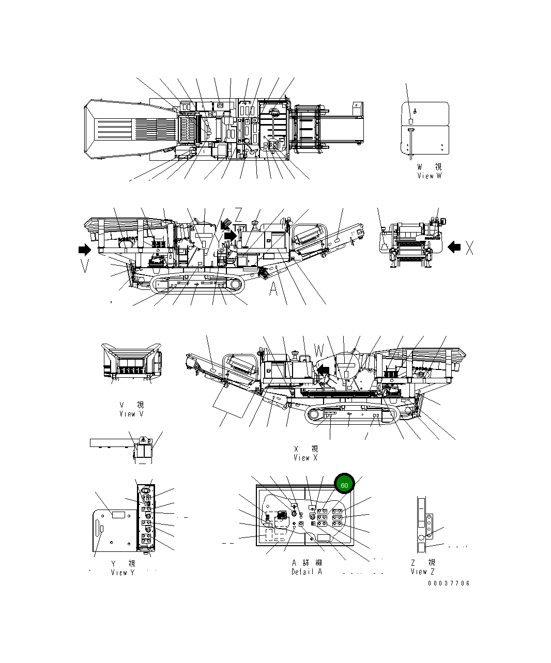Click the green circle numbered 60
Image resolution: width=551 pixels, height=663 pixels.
click(344, 485)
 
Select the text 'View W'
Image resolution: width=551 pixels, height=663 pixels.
click(430, 176)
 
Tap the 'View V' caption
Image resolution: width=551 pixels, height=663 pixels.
click(131, 413)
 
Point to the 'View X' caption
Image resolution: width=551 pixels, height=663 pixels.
click(305, 457)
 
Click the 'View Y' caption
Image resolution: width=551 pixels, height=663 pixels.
click(123, 572)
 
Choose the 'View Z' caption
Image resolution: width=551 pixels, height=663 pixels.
click(422, 571)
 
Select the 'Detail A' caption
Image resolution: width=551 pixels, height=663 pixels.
click(307, 572)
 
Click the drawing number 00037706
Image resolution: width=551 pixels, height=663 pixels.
click(448, 583)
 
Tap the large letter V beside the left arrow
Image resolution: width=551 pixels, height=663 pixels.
click(86, 266)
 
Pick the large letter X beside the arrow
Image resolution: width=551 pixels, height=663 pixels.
click(469, 249)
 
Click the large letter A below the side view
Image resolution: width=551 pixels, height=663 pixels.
click(273, 290)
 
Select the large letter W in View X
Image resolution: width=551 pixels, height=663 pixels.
click(319, 350)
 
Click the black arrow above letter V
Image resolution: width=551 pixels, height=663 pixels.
click(83, 250)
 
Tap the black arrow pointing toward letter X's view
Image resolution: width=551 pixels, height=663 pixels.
click(454, 247)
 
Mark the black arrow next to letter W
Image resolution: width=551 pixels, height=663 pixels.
click(323, 369)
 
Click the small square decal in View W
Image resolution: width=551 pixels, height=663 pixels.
click(411, 121)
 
